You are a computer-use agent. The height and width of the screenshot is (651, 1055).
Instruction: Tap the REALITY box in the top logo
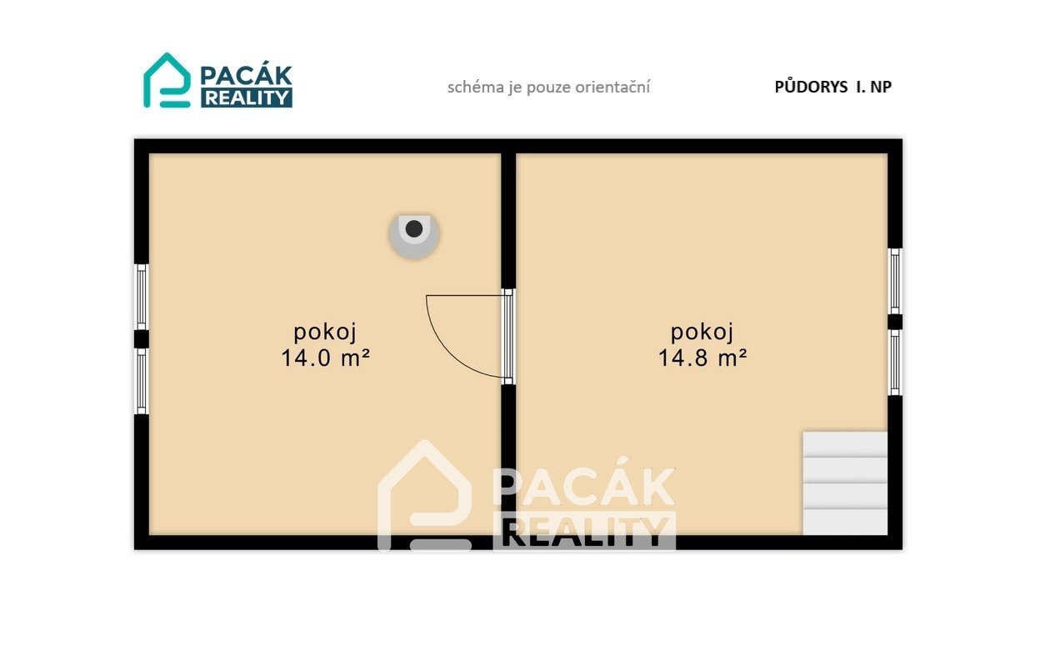[x=247, y=98]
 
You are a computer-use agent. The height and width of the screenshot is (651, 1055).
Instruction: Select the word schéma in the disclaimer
[x=475, y=87]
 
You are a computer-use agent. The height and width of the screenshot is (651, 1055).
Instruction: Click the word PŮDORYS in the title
[x=810, y=86]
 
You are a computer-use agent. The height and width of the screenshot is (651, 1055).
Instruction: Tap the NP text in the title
[x=881, y=87]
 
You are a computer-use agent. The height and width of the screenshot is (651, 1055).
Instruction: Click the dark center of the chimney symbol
[x=414, y=229]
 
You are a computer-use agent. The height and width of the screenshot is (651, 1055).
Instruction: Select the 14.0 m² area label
[x=325, y=358]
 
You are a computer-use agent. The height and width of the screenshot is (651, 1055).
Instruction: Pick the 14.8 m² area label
[x=702, y=358]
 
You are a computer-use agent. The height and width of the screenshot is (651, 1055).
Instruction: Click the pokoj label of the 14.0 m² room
[x=325, y=333]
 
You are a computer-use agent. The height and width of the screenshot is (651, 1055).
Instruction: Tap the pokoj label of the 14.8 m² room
[x=702, y=333]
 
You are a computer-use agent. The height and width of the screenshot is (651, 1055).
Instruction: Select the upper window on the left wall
[x=142, y=297]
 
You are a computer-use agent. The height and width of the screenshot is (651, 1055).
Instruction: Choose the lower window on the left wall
[x=142, y=381]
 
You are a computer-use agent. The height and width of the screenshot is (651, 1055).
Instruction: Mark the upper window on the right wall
[x=895, y=281]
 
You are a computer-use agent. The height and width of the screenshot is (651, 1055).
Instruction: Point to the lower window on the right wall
[x=895, y=363]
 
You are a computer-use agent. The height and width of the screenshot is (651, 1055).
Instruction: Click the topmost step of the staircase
[x=845, y=444]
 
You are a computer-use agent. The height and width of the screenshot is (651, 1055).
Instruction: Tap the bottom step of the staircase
[x=845, y=522]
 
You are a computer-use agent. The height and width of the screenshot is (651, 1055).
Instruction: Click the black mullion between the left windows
[x=142, y=339]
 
